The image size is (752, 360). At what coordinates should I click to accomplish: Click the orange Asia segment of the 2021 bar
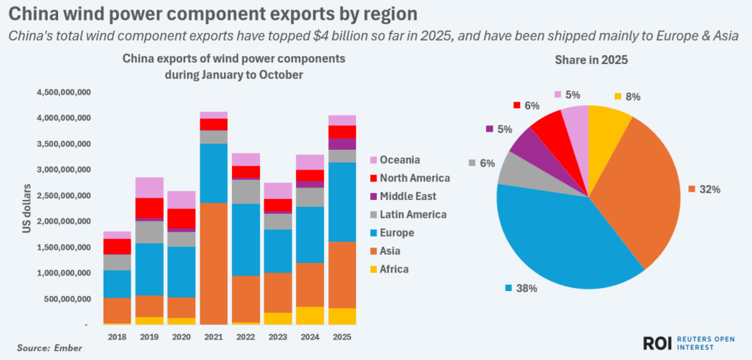pos(214,263)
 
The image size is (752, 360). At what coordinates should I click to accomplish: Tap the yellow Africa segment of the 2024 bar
pos(310,315)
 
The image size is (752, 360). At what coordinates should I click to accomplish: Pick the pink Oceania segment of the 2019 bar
pos(150,187)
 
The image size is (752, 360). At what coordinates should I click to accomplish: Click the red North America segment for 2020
pos(182,219)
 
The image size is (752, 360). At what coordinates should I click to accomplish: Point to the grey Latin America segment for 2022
pos(246,191)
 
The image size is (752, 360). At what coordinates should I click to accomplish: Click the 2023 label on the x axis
pos(278,336)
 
